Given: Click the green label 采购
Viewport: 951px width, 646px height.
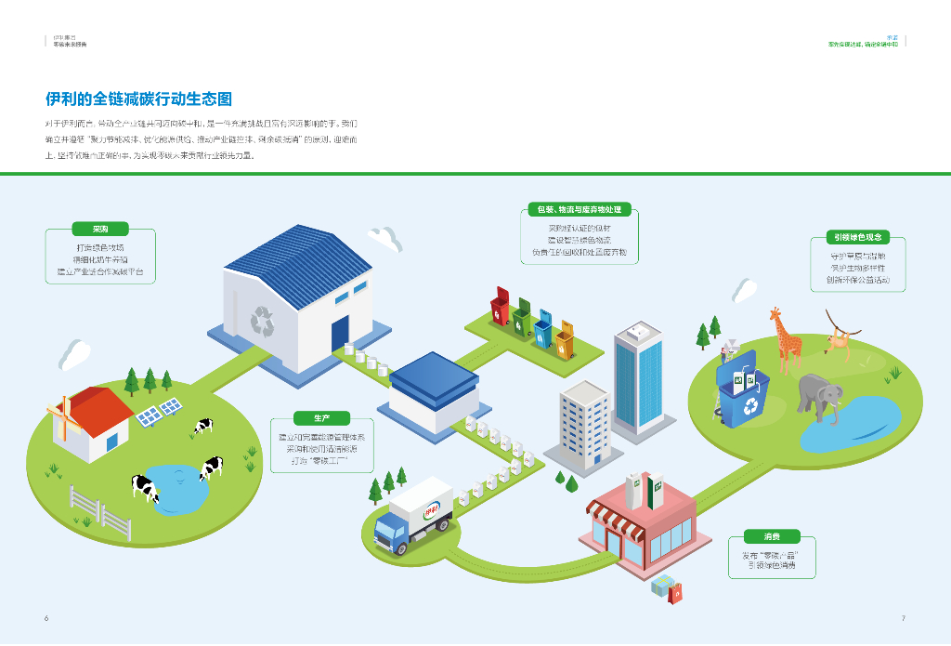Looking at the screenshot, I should pyautogui.click(x=99, y=229).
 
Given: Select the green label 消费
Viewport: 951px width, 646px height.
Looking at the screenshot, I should pyautogui.click(x=772, y=536).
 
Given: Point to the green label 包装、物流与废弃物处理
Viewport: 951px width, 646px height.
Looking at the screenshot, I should pyautogui.click(x=580, y=209).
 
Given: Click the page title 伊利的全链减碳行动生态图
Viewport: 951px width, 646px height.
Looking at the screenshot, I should pyautogui.click(x=138, y=99).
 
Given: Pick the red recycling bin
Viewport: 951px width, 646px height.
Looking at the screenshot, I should pyautogui.click(x=501, y=308).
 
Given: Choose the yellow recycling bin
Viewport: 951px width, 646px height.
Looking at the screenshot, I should pyautogui.click(x=565, y=338).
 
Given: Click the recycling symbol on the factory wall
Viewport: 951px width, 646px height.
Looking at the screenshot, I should pyautogui.click(x=263, y=322).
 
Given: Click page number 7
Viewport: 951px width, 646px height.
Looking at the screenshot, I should pyautogui.click(x=903, y=618).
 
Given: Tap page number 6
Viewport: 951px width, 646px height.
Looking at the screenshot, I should pyautogui.click(x=46, y=618).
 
